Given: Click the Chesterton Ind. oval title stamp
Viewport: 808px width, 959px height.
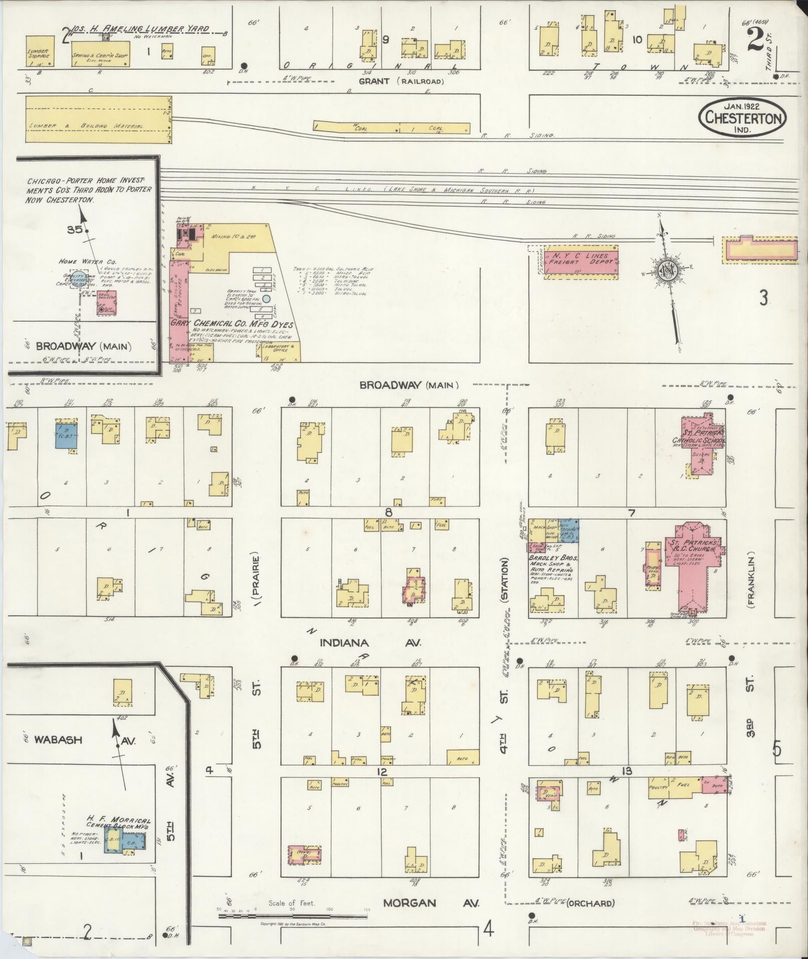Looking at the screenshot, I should click(x=742, y=117).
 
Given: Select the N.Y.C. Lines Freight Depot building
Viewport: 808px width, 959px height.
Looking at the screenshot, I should click(x=581, y=261).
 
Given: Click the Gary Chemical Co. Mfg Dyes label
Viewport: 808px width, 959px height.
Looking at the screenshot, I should click(x=231, y=324).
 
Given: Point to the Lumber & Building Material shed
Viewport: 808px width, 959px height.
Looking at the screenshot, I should click(x=98, y=118).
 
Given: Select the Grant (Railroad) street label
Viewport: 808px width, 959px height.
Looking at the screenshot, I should click(x=401, y=81).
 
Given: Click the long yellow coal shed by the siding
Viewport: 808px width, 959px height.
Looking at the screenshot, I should click(x=391, y=127).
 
